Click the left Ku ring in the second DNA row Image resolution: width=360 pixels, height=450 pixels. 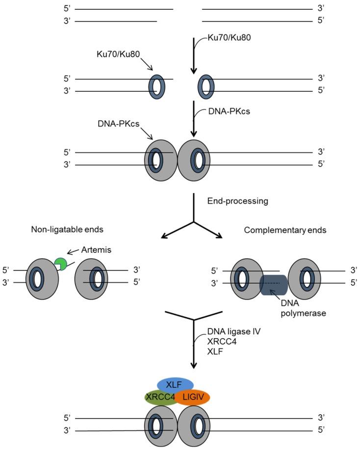156,85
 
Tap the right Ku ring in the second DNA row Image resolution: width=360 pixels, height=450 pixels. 206,85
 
